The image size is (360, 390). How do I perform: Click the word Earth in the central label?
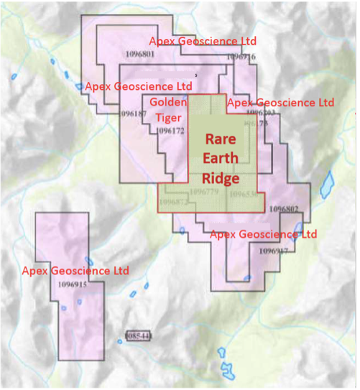[x=220, y=159]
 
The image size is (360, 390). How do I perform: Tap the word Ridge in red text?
[x=220, y=177]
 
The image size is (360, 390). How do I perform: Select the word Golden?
[x=169, y=103]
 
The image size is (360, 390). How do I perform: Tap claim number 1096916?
[x=241, y=57]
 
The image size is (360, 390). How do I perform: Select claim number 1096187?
[x=134, y=113]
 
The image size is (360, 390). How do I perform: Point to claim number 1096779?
[x=204, y=192]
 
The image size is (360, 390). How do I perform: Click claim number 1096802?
[x=283, y=208]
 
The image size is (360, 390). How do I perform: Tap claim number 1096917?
[x=272, y=251]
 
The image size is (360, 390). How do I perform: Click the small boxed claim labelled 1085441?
[x=137, y=335]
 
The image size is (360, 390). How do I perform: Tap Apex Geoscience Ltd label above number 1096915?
[x=75, y=271]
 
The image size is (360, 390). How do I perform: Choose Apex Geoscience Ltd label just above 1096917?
[x=263, y=234]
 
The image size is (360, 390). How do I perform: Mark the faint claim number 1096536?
[x=244, y=195]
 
